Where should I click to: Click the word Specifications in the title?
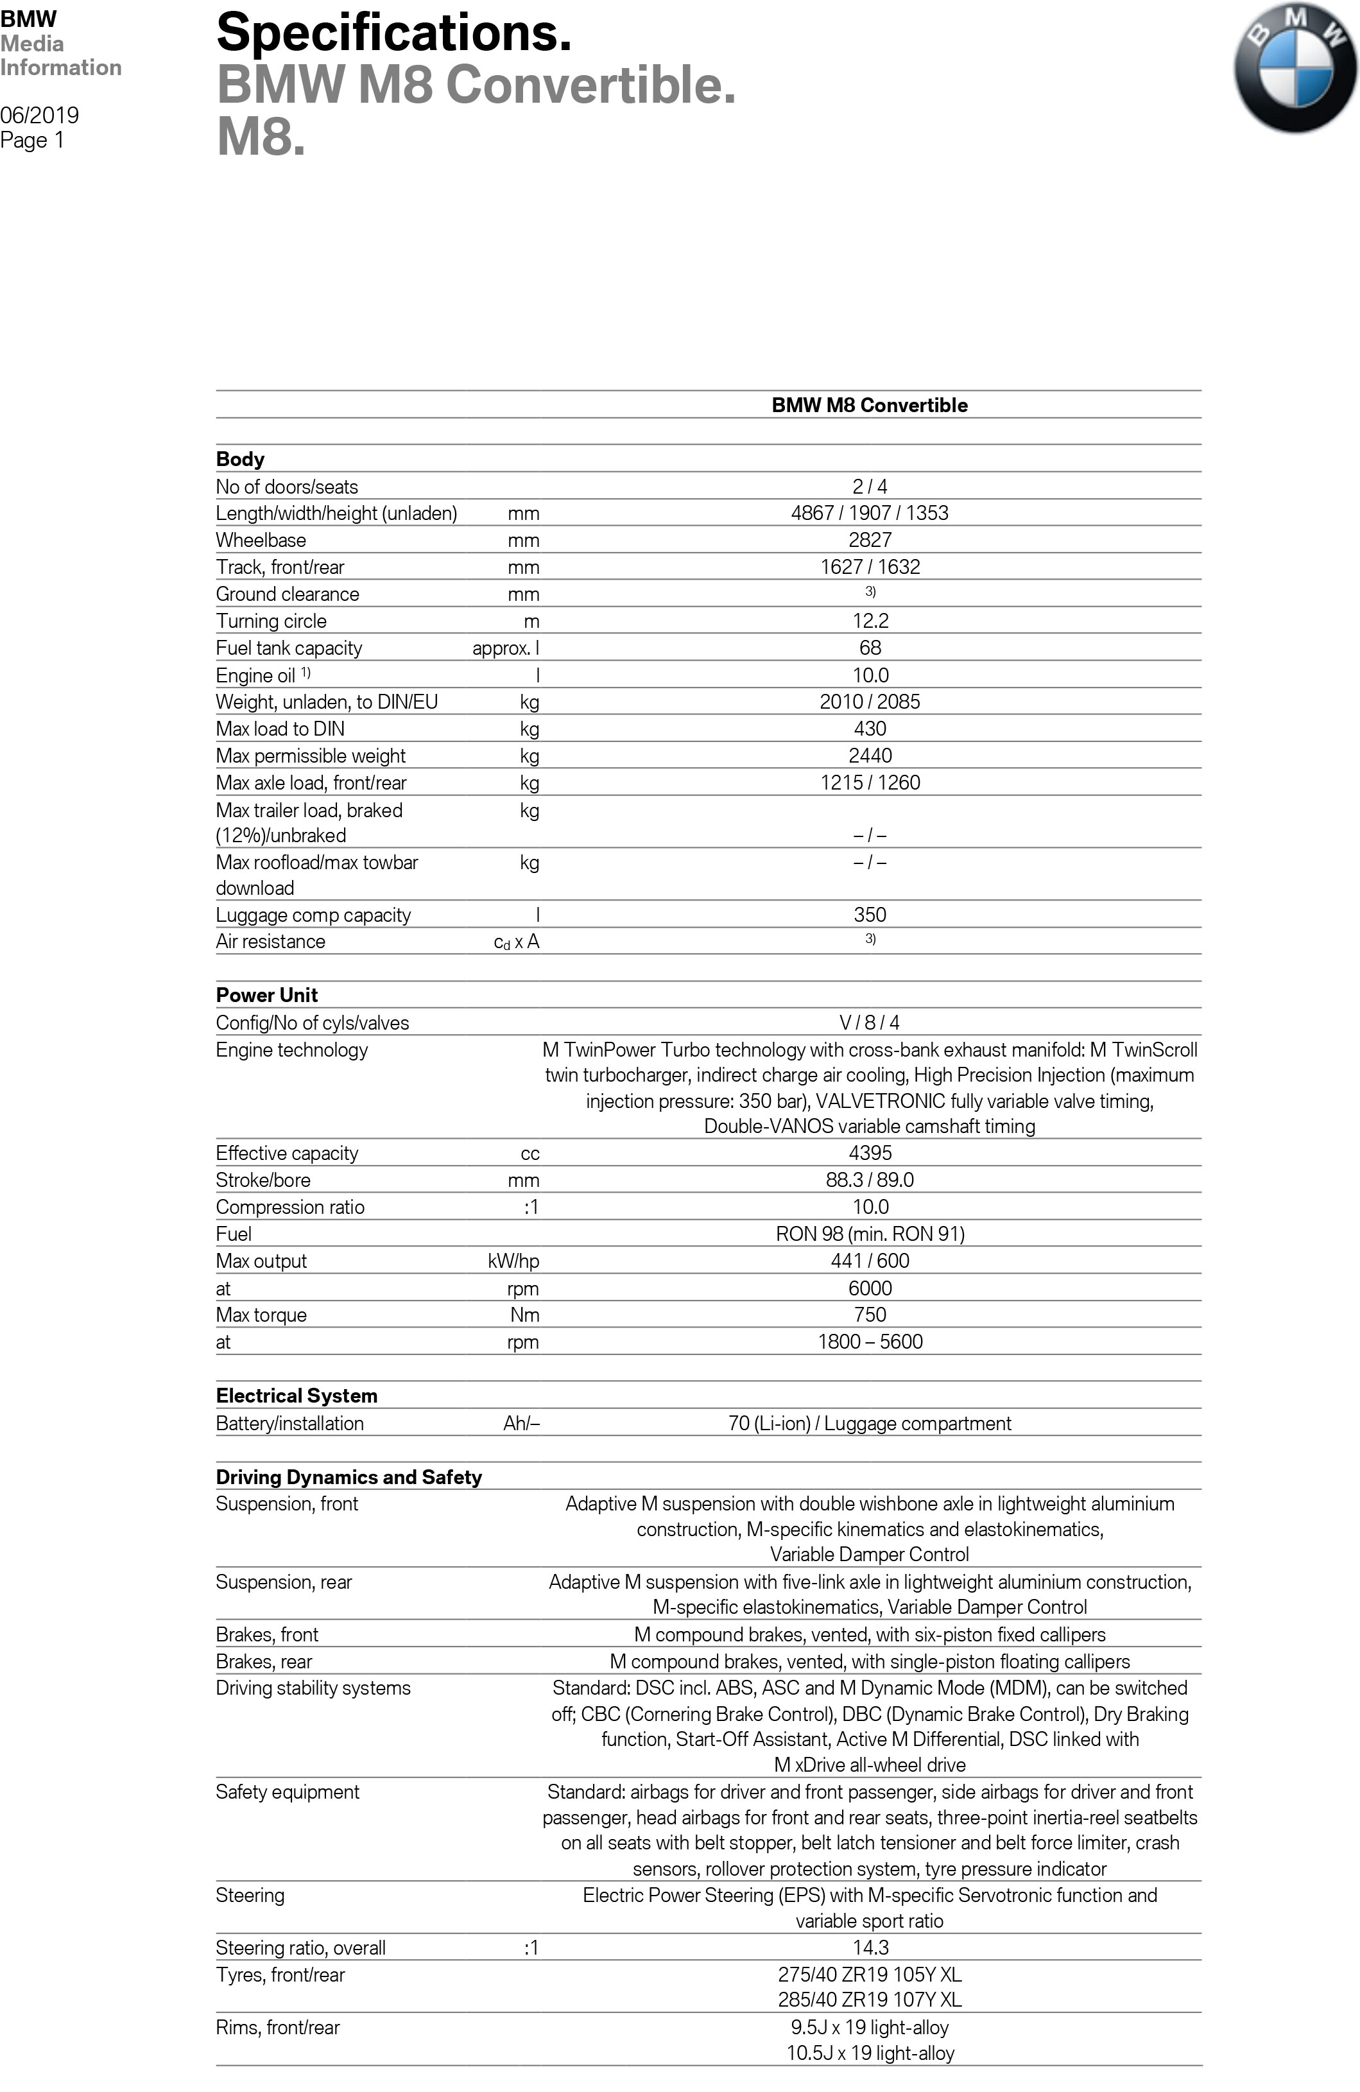tap(394, 33)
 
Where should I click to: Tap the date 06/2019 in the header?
tap(40, 115)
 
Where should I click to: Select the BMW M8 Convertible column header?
tap(870, 405)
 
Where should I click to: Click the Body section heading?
tap(240, 459)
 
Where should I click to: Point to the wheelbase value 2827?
tap(870, 540)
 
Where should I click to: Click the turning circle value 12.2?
tap(870, 621)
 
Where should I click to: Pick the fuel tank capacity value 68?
tap(870, 648)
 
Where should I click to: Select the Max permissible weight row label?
tap(311, 756)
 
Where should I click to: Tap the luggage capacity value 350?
tap(870, 915)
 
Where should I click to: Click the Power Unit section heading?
tap(266, 995)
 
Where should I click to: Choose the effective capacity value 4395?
tap(870, 1154)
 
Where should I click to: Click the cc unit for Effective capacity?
tap(529, 1154)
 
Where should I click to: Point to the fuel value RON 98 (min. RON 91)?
tap(870, 1234)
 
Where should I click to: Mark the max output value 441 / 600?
tap(870, 1261)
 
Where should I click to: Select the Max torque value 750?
tap(870, 1315)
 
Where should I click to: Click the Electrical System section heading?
tap(297, 1396)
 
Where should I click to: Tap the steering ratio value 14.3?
tap(870, 1948)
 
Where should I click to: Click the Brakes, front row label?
tap(267, 1635)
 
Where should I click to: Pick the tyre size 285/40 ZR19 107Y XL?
tap(870, 2000)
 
